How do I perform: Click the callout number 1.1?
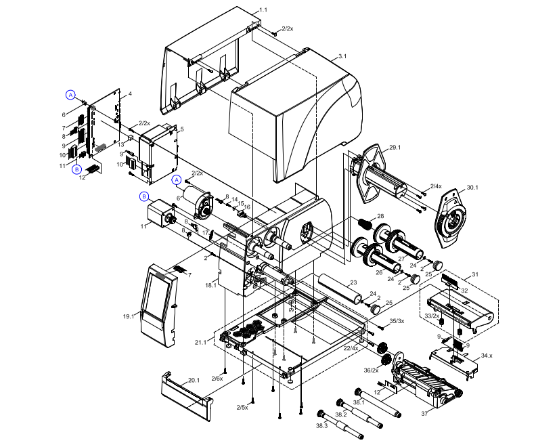point(263,10)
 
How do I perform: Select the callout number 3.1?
point(342,56)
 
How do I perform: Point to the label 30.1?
point(472,188)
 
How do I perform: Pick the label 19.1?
point(129,316)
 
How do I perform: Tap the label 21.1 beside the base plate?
point(202,343)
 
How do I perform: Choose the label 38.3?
point(321,425)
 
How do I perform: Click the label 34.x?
point(487,355)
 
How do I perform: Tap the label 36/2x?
point(371,370)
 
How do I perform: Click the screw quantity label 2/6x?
point(217,378)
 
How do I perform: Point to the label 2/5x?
point(242,407)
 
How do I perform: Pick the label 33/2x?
point(432,316)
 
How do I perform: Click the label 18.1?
point(210,286)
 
